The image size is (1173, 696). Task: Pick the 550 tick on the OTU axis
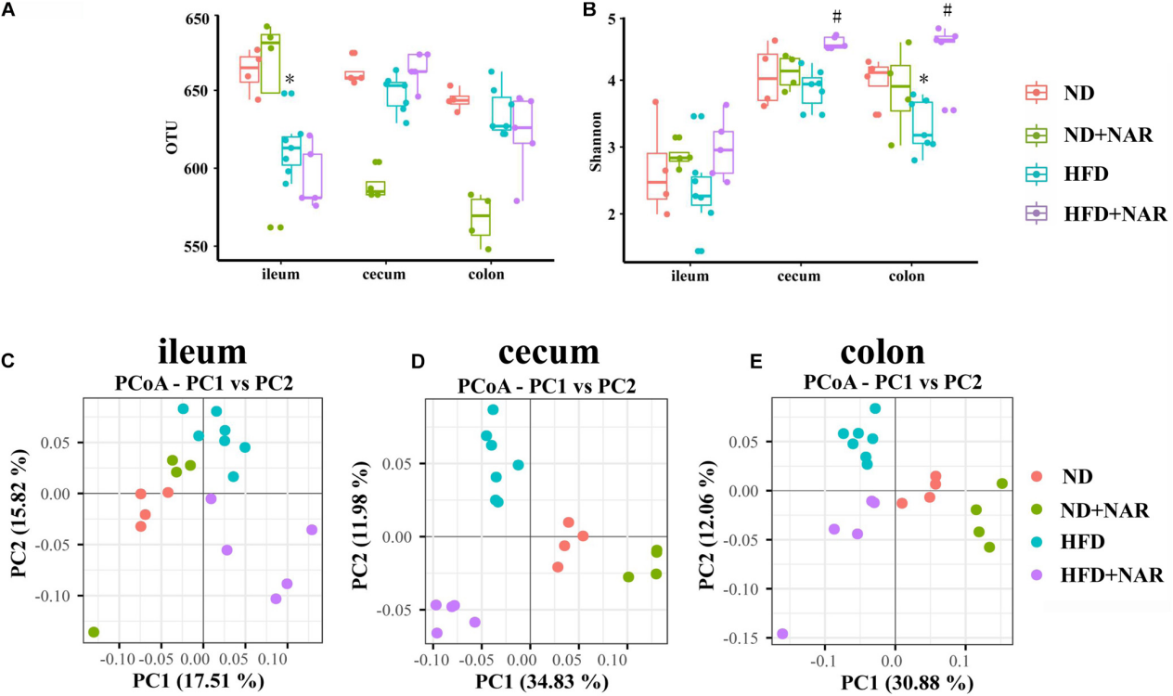pyautogui.click(x=198, y=247)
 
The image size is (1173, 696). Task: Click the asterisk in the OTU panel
pyautogui.click(x=290, y=81)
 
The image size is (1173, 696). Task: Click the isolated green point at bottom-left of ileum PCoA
pyautogui.click(x=94, y=632)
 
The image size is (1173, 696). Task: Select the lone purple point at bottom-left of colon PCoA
pyautogui.click(x=782, y=634)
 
